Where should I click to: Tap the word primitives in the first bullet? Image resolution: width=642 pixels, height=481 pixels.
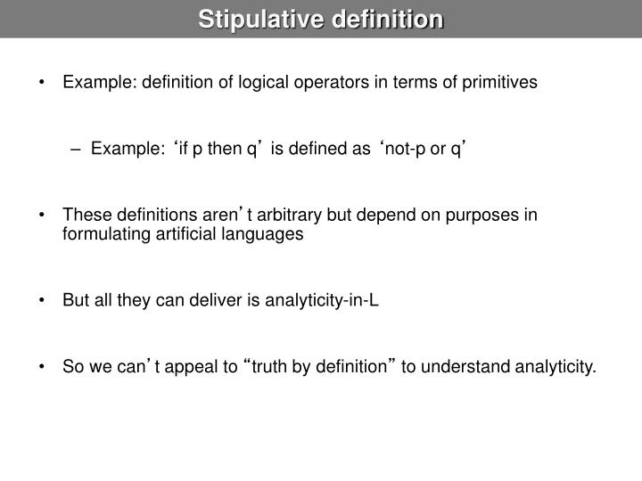[x=499, y=83]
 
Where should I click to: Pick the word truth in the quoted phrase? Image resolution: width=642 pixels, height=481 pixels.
[x=273, y=366]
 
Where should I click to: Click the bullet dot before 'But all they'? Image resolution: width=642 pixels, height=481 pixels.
[x=44, y=300]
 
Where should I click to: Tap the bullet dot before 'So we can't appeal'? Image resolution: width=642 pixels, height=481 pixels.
[x=44, y=366]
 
